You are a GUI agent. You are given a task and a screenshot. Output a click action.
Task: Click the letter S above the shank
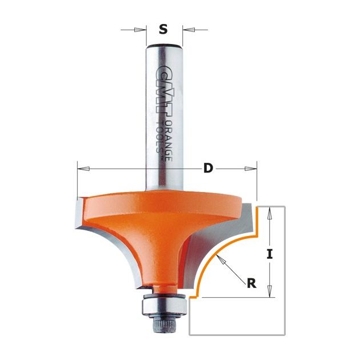click(x=163, y=29)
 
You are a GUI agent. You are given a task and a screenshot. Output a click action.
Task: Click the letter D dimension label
click(x=208, y=169)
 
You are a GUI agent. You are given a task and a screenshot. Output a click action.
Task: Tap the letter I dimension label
click(x=270, y=254)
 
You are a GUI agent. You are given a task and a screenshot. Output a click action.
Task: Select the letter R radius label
click(x=251, y=283)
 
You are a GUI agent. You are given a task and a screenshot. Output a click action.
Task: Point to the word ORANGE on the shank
click(x=169, y=141)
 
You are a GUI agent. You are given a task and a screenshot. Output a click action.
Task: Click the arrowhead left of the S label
click(x=139, y=30)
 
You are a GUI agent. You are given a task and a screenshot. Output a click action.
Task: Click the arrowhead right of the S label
click(x=189, y=30)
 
